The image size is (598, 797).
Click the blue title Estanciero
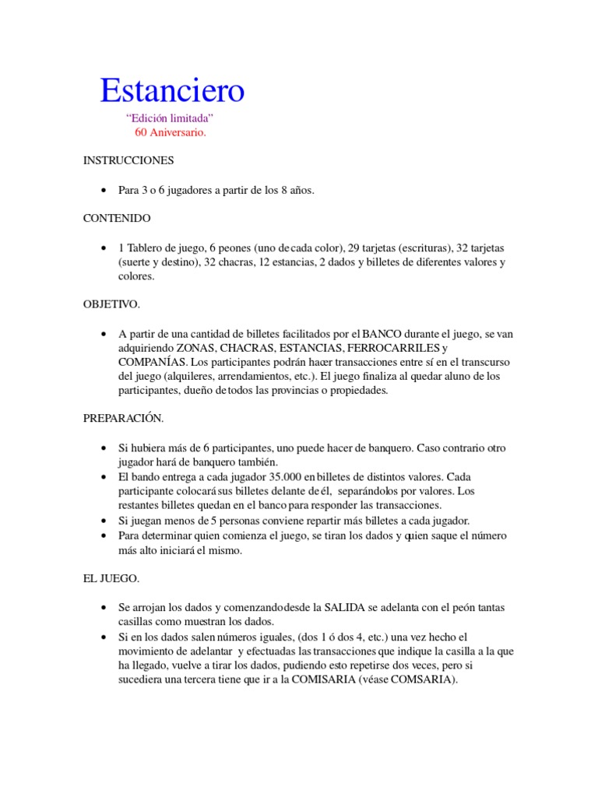pyautogui.click(x=172, y=91)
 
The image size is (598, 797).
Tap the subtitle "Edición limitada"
pyautogui.click(x=170, y=118)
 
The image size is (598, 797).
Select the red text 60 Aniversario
pyautogui.click(x=171, y=132)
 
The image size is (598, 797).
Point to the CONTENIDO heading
pyautogui.click(x=117, y=218)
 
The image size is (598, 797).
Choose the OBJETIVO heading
pyautogui.click(x=112, y=304)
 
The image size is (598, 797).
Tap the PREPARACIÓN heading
pyautogui.click(x=123, y=418)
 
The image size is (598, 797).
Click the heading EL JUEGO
pyautogui.click(x=111, y=578)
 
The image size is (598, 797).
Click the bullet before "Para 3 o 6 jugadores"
pyautogui.click(x=104, y=191)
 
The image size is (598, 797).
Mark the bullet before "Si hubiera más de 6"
pyautogui.click(x=104, y=448)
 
